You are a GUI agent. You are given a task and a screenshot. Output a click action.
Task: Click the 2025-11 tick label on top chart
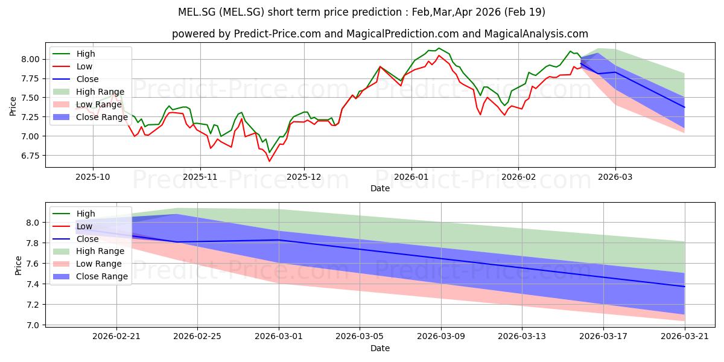pos(200,177)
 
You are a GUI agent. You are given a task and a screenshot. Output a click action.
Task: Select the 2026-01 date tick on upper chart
pos(411,177)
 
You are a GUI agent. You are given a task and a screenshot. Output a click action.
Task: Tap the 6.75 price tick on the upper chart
pos(30,156)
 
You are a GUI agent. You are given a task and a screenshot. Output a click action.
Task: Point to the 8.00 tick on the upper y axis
pos(30,60)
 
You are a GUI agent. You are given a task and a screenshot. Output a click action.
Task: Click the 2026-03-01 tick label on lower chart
pos(279,337)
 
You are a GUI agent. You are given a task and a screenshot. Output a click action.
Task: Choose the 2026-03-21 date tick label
pos(685,337)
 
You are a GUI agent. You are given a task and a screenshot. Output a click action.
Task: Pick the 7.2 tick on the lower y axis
pos(33,305)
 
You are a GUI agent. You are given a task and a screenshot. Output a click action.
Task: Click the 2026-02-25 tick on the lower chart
pos(197,337)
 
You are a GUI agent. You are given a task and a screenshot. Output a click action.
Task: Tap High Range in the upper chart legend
pos(100,92)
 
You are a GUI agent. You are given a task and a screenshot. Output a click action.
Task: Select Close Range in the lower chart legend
pos(102,277)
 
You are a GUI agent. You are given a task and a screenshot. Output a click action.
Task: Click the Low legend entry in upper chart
pos(84,66)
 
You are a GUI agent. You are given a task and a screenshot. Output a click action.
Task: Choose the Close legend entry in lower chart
pos(87,239)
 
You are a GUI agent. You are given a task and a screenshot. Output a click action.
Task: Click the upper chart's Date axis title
pos(380,188)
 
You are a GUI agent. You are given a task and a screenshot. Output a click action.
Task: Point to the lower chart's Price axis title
pos(18,265)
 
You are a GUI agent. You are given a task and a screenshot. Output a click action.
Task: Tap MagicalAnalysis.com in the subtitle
pos(536,34)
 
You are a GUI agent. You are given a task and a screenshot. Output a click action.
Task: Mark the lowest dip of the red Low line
pos(269,161)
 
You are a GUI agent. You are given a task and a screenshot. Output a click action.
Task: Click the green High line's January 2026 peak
pos(439,48)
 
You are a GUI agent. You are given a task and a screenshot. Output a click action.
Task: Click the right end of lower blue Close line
pos(685,287)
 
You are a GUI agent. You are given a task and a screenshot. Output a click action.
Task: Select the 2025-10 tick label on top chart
pos(93,177)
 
